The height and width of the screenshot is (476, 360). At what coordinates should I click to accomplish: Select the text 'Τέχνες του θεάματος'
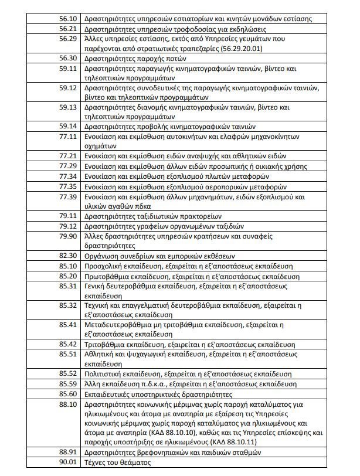pos(118,463)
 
